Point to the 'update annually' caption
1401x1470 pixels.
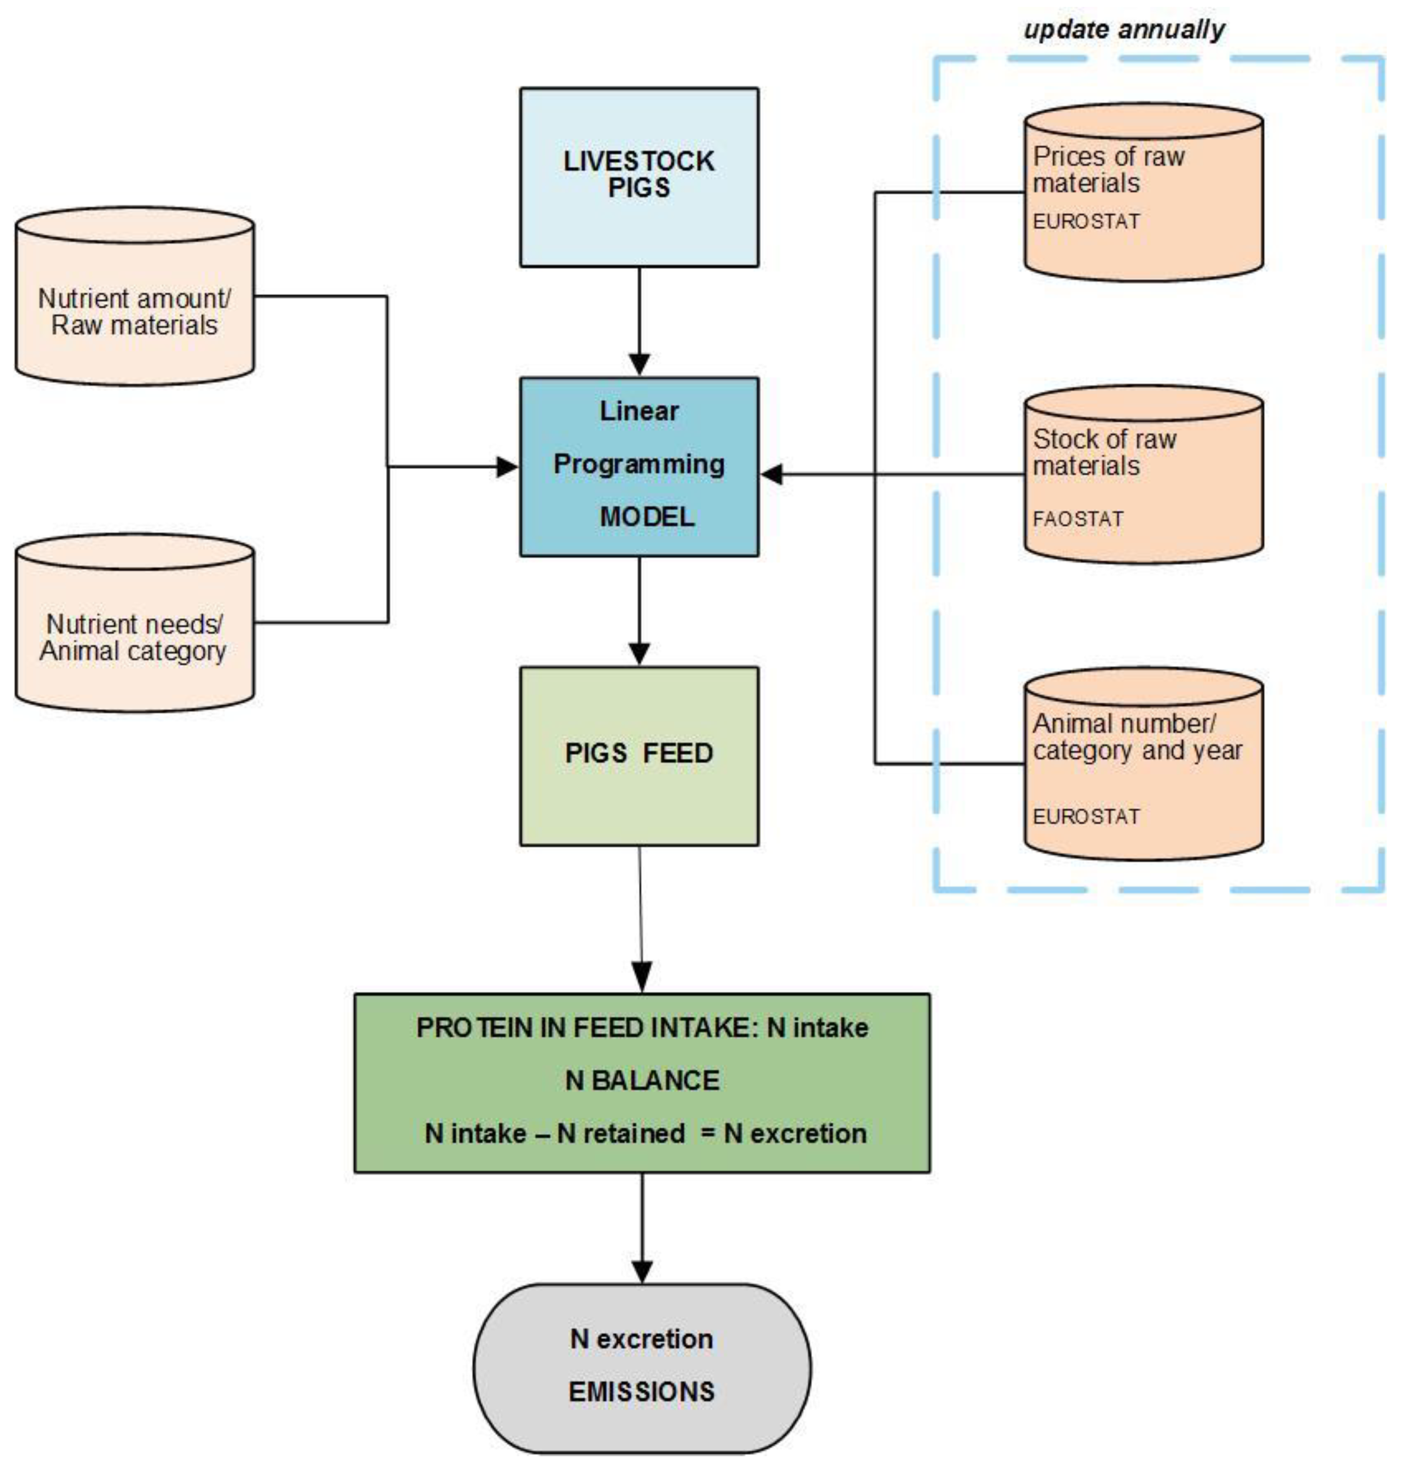point(1123,30)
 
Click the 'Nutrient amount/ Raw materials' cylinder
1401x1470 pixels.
point(134,311)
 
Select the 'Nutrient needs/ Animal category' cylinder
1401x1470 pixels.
point(134,637)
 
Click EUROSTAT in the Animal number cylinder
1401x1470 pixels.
point(1086,816)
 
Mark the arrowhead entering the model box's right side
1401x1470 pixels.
point(771,474)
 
